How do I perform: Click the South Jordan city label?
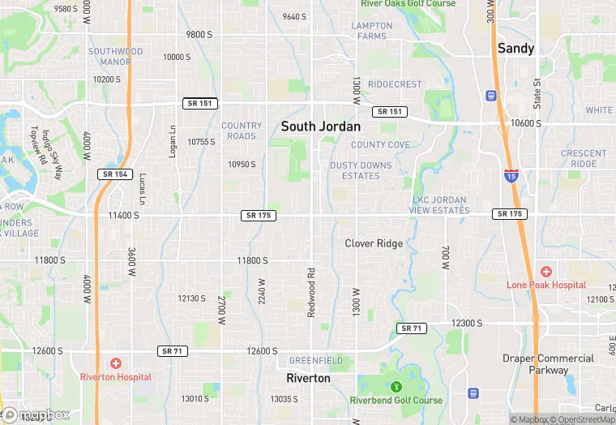coord(320,127)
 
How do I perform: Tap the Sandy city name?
coord(515,49)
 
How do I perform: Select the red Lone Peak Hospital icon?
coord(546,271)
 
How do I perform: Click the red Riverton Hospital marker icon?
coord(116,363)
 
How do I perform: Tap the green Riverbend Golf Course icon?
coord(396,387)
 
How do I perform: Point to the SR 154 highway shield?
coord(114,174)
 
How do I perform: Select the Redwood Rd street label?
coord(310,291)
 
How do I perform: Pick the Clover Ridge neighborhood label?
coord(374,243)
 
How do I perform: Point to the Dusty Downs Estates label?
coord(361,170)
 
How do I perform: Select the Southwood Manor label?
coord(115,57)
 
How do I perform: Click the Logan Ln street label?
coord(173,140)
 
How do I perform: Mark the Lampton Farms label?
coord(371,31)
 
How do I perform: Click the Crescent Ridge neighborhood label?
coord(583,158)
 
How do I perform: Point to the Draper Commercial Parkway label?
coord(549,365)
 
